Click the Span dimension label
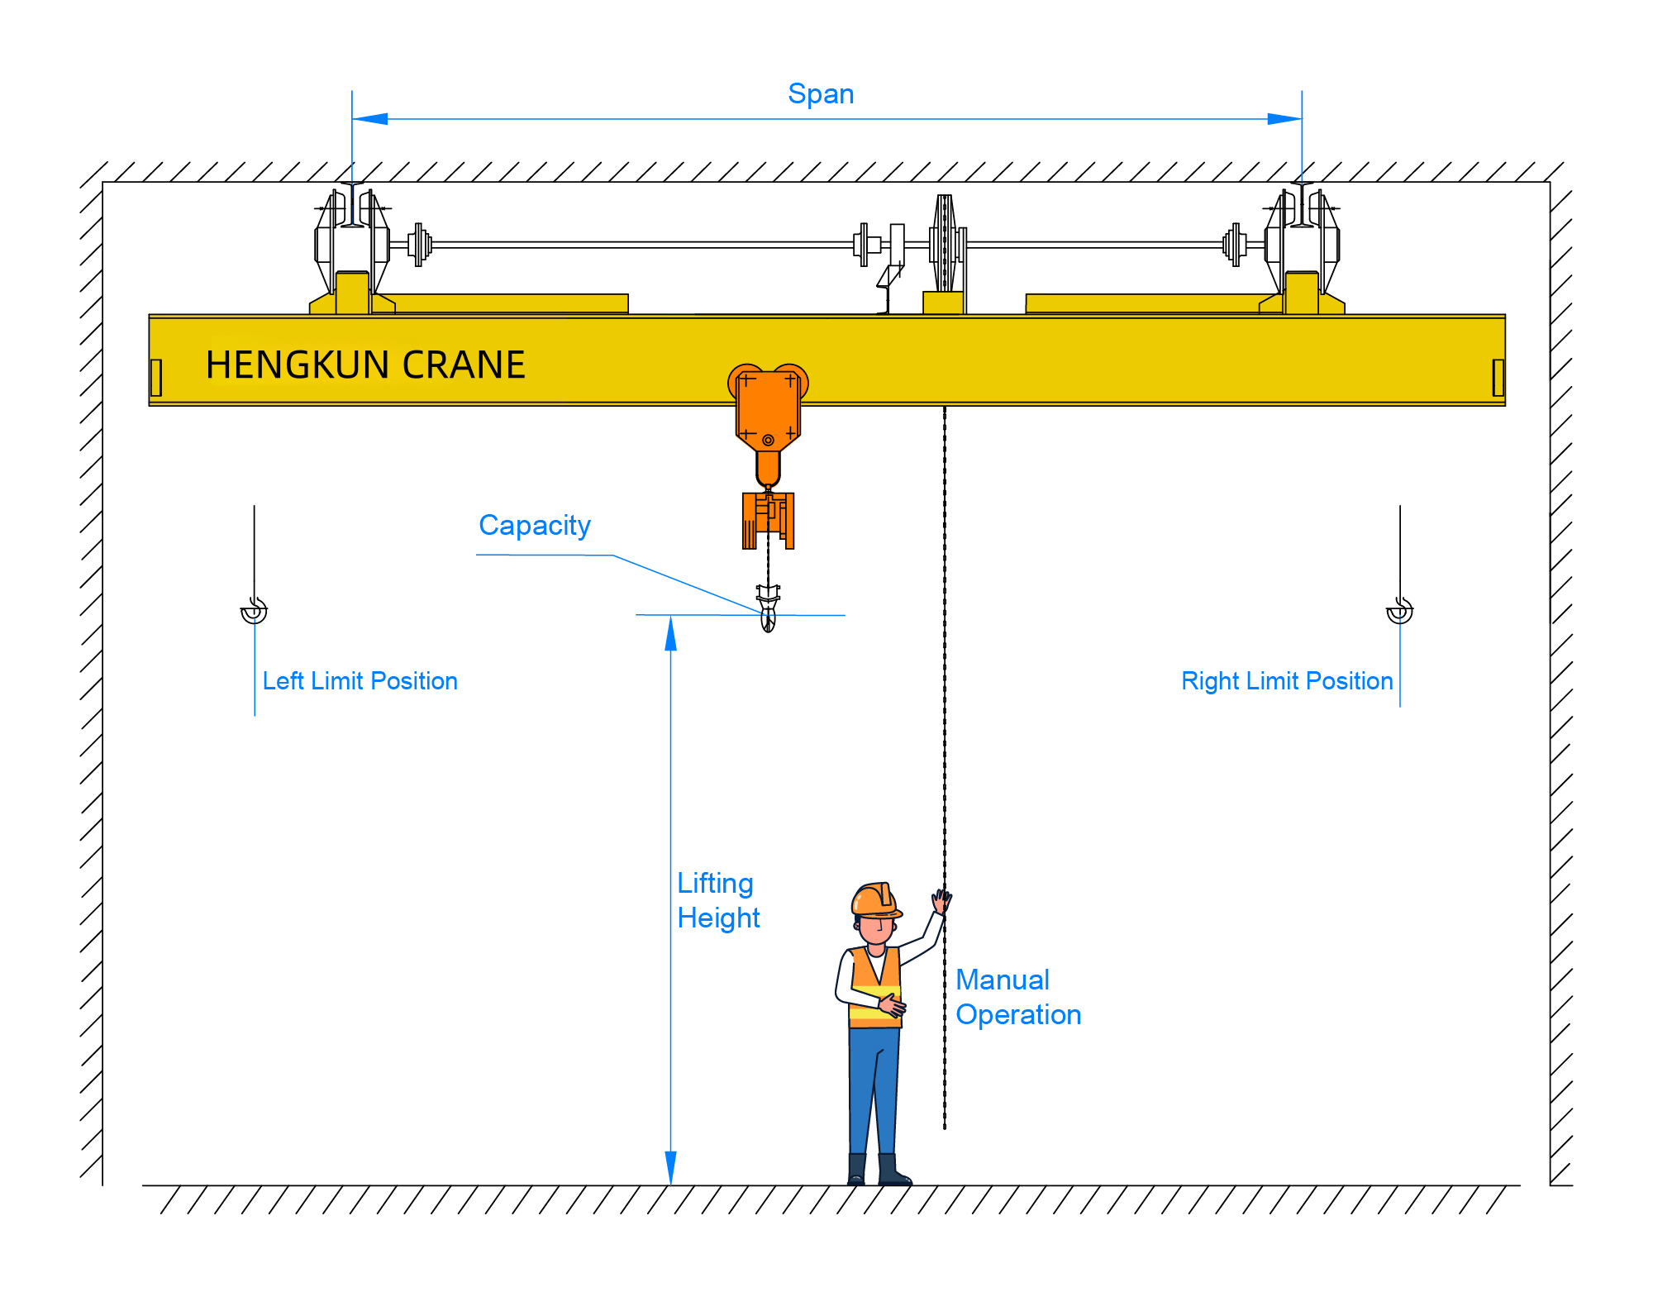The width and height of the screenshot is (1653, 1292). coord(820,94)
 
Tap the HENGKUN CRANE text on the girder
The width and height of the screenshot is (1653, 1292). coord(365,365)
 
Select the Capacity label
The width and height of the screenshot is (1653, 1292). coord(534,526)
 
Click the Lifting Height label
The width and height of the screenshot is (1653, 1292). coord(717,900)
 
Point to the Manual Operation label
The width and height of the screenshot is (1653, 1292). coord(1017,997)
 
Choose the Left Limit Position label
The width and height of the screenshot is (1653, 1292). coord(360,681)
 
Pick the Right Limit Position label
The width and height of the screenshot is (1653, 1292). coord(1286,681)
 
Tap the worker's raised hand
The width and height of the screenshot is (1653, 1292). coord(941,900)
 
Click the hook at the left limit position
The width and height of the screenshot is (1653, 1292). coord(254,611)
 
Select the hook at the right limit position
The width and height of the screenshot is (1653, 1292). coord(1399,611)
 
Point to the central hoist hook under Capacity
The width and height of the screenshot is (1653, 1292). coord(768,612)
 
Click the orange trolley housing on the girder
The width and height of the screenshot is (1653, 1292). coord(768,409)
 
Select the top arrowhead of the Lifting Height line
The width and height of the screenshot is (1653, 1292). coord(670,633)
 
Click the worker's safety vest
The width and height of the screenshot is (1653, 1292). coord(874,988)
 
